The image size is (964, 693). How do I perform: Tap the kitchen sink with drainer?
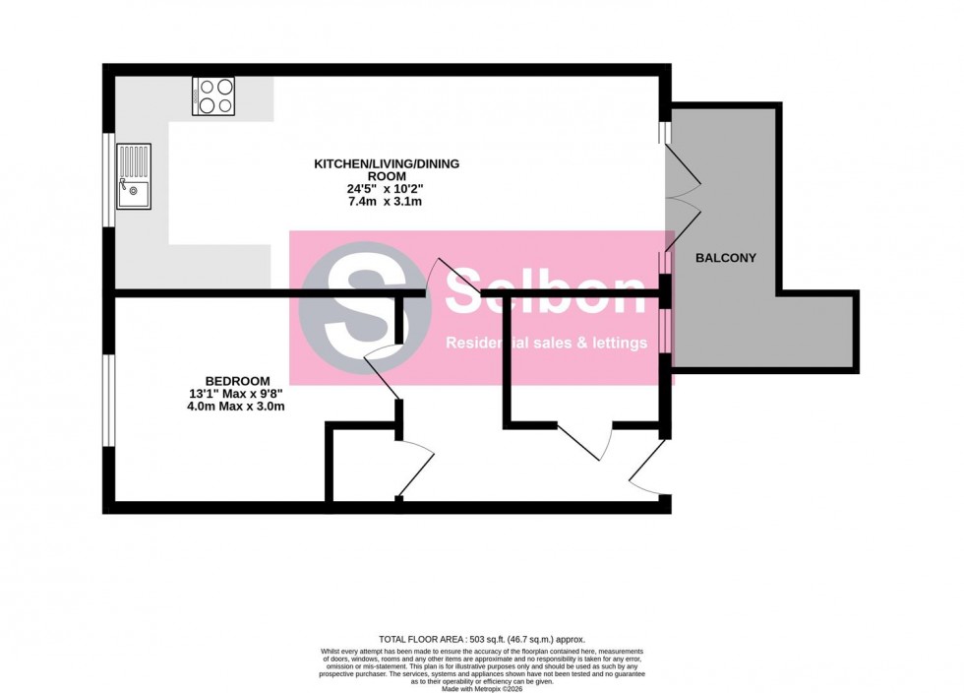133,176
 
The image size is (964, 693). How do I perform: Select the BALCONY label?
725,258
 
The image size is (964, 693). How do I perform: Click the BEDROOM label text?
237,381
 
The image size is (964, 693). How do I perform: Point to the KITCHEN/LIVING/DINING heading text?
387,163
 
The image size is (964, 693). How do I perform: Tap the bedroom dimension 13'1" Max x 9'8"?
237,394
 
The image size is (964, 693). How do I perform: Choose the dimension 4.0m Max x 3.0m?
237,407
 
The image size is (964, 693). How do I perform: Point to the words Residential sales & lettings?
547,344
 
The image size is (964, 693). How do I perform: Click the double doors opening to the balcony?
683,193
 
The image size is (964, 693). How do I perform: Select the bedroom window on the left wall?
108,404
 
